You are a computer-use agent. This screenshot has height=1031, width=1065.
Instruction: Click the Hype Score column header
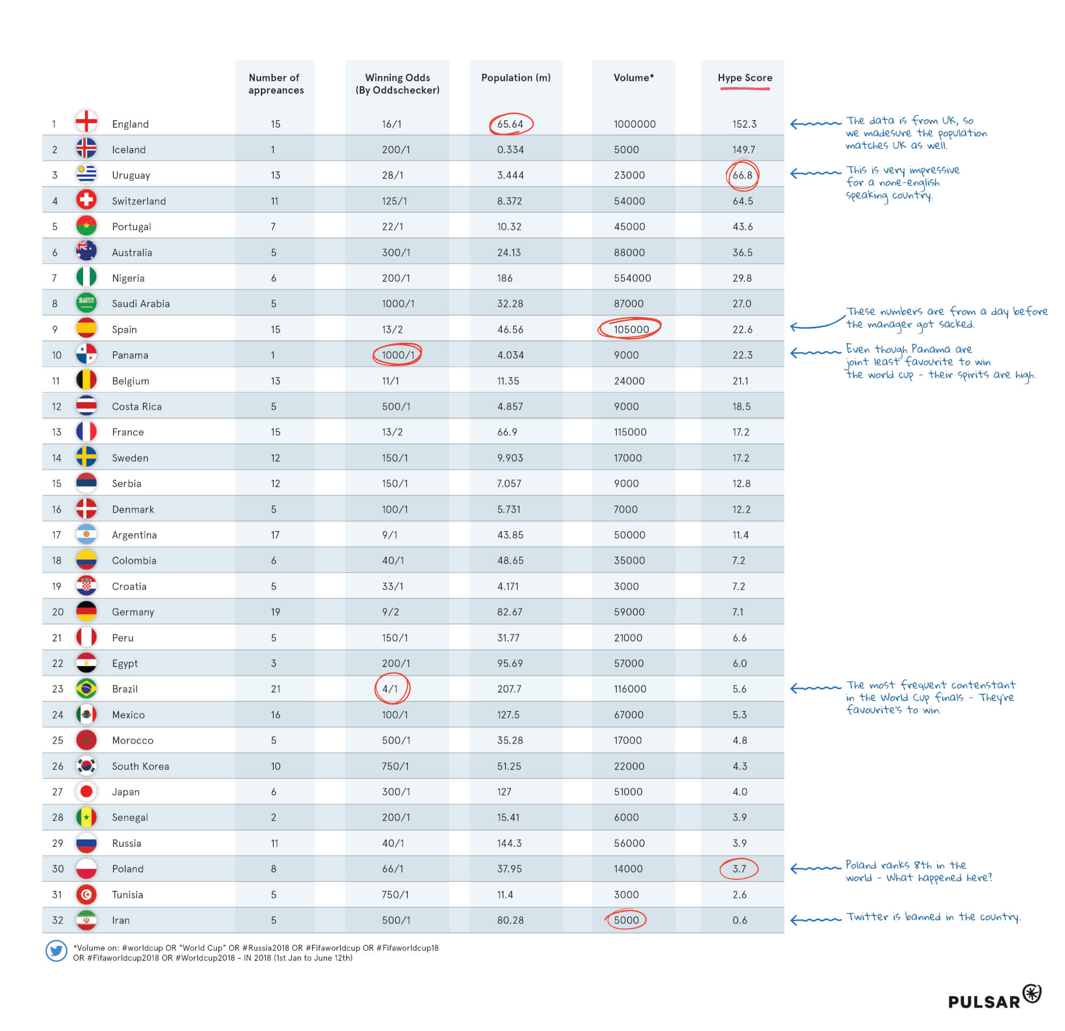pyautogui.click(x=744, y=78)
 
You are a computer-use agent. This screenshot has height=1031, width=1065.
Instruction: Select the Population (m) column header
pyautogui.click(x=515, y=78)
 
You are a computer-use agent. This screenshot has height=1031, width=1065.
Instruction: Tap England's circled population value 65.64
pyautogui.click(x=510, y=124)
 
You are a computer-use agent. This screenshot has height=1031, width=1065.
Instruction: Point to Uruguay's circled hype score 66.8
pyautogui.click(x=742, y=175)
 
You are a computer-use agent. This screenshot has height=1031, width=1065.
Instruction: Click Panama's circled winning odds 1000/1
pyautogui.click(x=398, y=354)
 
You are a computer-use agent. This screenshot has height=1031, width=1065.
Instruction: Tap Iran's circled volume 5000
pyautogui.click(x=626, y=920)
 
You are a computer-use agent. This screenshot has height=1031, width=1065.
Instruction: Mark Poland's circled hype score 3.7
pyautogui.click(x=739, y=869)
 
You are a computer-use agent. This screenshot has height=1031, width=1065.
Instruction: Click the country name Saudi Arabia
pyautogui.click(x=141, y=303)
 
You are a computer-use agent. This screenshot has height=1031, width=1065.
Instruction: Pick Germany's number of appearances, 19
pyautogui.click(x=275, y=612)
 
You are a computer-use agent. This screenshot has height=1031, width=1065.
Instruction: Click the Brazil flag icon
pyautogui.click(x=86, y=689)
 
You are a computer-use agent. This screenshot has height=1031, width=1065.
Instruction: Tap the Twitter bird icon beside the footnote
pyautogui.click(x=56, y=951)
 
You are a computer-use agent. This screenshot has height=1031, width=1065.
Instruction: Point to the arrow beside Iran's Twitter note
pyautogui.click(x=815, y=919)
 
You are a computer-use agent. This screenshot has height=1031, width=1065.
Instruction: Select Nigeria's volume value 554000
pyautogui.click(x=633, y=278)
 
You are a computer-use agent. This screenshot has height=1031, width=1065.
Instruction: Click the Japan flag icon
pyautogui.click(x=86, y=791)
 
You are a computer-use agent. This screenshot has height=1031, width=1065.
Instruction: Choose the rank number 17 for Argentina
pyautogui.click(x=56, y=535)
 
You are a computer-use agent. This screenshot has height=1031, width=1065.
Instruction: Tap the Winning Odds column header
pyautogui.click(x=397, y=84)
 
